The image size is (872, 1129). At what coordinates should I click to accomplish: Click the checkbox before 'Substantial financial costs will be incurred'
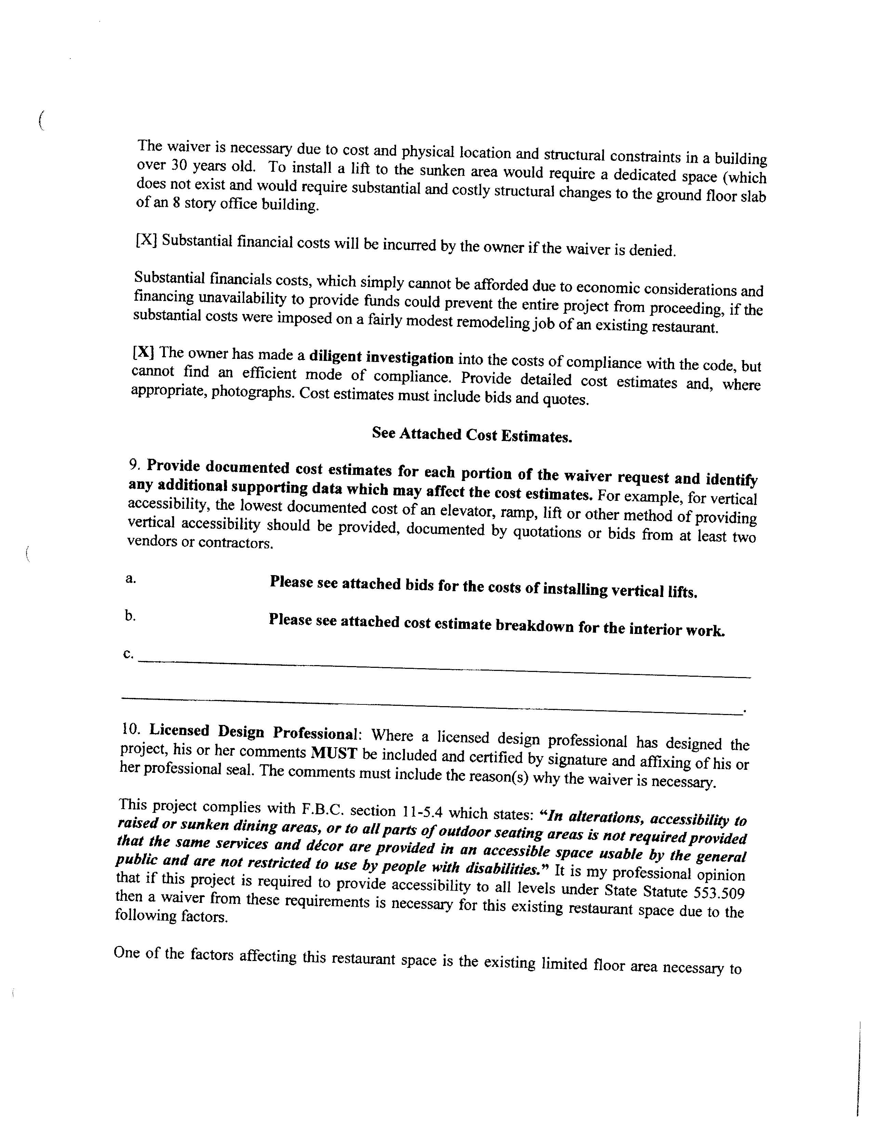(x=146, y=241)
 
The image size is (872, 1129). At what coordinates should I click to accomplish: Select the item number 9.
(x=134, y=465)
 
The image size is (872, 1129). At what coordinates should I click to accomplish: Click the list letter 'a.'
(x=131, y=579)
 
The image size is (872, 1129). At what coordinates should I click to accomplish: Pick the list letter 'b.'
(x=130, y=616)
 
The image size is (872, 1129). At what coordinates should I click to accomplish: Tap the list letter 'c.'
(x=128, y=654)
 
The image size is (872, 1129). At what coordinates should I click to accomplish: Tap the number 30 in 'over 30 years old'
(x=178, y=166)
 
